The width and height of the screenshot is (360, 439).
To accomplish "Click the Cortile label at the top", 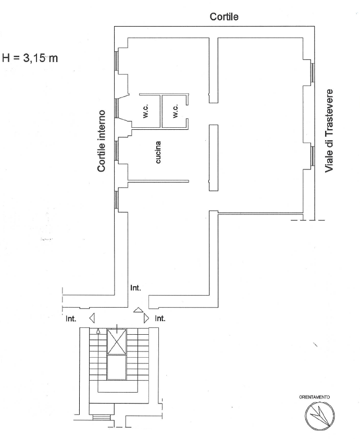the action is click(x=224, y=17).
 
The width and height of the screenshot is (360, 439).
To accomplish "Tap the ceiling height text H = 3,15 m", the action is click(x=30, y=58).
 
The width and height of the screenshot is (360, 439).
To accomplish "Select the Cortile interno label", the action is click(x=101, y=141).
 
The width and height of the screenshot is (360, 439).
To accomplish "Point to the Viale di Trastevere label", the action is click(x=329, y=131).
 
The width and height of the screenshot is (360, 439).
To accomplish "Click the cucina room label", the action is click(x=158, y=152).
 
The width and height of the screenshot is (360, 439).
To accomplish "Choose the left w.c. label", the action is click(x=146, y=111).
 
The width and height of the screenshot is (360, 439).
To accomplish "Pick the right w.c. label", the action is click(x=176, y=111).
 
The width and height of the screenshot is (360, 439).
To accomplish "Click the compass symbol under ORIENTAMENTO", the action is click(x=319, y=416).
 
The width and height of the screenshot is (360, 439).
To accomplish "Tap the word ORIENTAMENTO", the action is click(x=314, y=397).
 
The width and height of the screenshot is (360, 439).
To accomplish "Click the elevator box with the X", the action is click(x=117, y=342).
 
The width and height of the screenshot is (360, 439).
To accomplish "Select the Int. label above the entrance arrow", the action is click(x=135, y=288).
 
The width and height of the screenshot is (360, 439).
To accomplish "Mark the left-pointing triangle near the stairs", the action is click(x=92, y=318).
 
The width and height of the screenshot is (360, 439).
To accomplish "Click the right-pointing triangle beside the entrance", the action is click(x=146, y=318).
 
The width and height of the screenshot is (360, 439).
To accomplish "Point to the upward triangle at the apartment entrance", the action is click(x=138, y=310).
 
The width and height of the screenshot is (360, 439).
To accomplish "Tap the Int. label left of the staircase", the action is click(x=71, y=319).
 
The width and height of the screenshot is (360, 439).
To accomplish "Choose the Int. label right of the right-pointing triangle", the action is click(x=160, y=319).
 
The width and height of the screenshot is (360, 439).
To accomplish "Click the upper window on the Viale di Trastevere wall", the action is click(x=313, y=72).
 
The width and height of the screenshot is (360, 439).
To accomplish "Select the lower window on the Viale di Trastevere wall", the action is click(x=313, y=156).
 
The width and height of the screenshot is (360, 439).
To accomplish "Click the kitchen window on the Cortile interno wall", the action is click(x=116, y=150).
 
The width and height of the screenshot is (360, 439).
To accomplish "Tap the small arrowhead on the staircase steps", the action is click(x=98, y=332).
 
